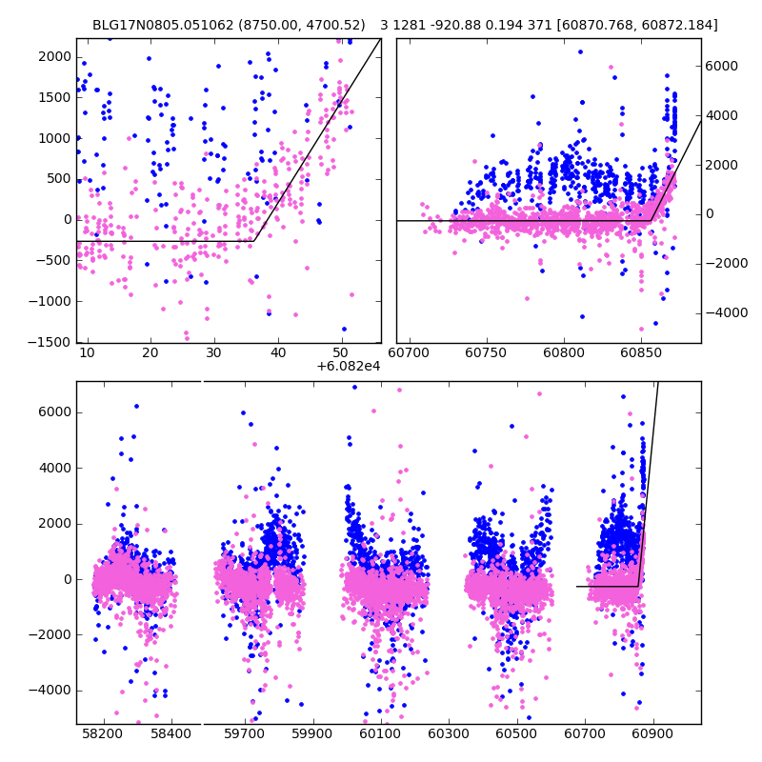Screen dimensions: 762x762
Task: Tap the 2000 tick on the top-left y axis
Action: coord(55,56)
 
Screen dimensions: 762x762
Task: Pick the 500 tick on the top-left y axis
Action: coord(59,179)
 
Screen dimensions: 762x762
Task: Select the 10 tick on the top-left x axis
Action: coord(88,353)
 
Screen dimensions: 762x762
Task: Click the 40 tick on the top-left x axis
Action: coord(278,353)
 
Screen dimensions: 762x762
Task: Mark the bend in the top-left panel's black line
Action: coord(253,241)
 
